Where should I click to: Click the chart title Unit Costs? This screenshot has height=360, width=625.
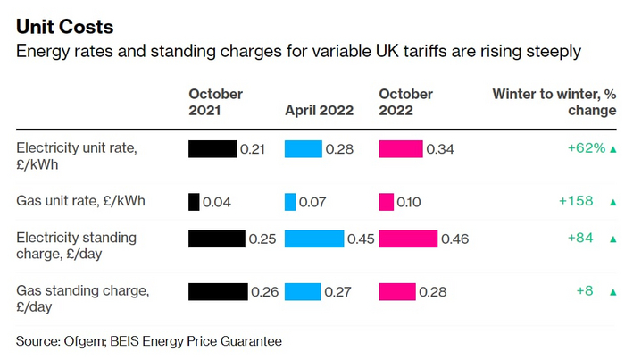[64, 27]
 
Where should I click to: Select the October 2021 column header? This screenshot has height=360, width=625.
[215, 102]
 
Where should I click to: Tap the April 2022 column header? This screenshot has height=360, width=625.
[319, 111]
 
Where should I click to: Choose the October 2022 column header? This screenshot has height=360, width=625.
[405, 102]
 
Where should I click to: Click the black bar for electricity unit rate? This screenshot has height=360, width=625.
[212, 148]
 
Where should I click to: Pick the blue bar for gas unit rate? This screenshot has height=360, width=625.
[290, 202]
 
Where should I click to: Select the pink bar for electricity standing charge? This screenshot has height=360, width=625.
[408, 239]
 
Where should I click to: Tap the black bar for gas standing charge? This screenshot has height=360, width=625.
[218, 291]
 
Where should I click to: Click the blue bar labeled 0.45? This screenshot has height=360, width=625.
[314, 239]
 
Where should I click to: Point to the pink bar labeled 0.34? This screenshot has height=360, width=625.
[401, 148]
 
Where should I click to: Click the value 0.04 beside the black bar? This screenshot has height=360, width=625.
[217, 203]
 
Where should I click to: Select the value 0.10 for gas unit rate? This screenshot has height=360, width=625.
[409, 203]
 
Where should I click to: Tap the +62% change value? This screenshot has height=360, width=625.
[587, 148]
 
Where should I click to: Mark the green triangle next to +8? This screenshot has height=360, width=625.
[612, 292]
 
